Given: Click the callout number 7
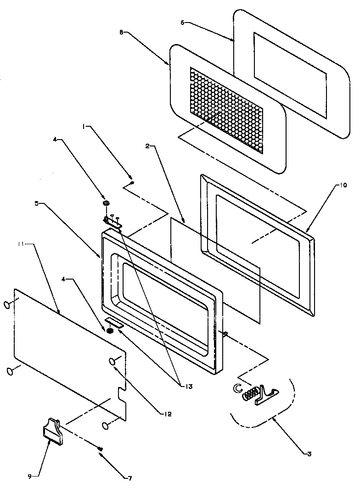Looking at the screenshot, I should pos(129,478).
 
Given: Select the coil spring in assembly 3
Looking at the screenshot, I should pos(250,394).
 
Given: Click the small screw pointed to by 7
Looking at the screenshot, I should pos(100,449).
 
